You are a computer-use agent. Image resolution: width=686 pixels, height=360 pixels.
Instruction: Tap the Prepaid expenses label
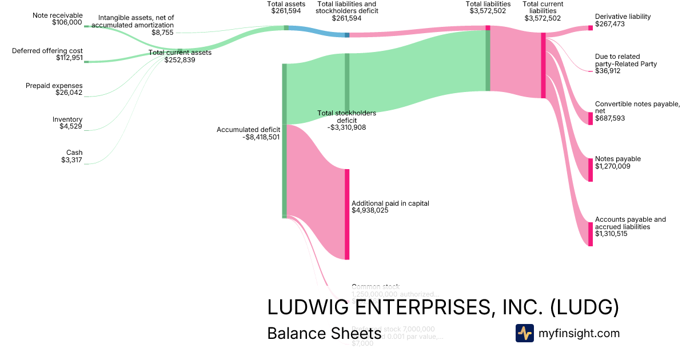54,86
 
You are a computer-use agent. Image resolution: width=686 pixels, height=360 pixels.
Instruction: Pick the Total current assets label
180,53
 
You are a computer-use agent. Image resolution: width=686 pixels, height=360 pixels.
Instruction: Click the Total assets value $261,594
286,11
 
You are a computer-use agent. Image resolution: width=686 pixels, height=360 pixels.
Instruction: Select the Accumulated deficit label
248,130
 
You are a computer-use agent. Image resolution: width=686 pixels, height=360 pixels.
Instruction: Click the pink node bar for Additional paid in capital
346,214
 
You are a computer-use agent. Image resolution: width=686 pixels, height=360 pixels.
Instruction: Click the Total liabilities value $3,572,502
488,11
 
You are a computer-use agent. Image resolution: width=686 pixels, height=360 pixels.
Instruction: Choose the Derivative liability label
623,17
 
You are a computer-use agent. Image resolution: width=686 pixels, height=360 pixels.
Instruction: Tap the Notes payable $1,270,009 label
617,163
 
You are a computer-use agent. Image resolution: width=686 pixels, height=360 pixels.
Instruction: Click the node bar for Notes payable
591,170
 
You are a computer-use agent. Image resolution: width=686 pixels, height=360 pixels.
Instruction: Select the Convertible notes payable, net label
637,107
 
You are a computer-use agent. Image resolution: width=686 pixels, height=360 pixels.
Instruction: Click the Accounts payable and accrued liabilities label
630,223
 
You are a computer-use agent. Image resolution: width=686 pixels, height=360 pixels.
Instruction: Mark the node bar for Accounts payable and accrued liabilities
591,234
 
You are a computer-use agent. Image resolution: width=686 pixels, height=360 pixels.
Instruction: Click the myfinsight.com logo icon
524,333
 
